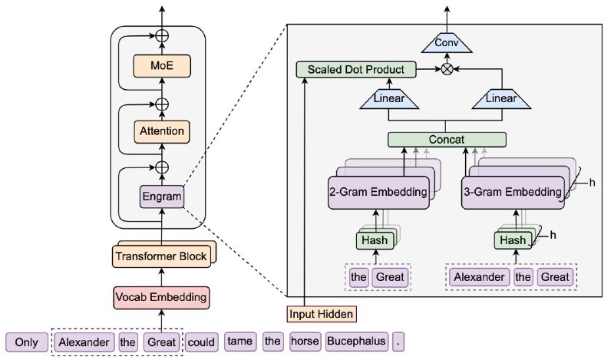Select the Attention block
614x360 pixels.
click(161, 131)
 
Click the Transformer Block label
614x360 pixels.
click(161, 256)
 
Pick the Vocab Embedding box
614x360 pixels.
click(161, 296)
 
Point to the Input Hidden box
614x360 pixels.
click(322, 313)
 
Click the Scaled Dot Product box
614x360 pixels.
click(355, 70)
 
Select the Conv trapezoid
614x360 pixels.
click(447, 43)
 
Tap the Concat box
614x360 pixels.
click(447, 140)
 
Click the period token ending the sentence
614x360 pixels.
click(398, 342)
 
